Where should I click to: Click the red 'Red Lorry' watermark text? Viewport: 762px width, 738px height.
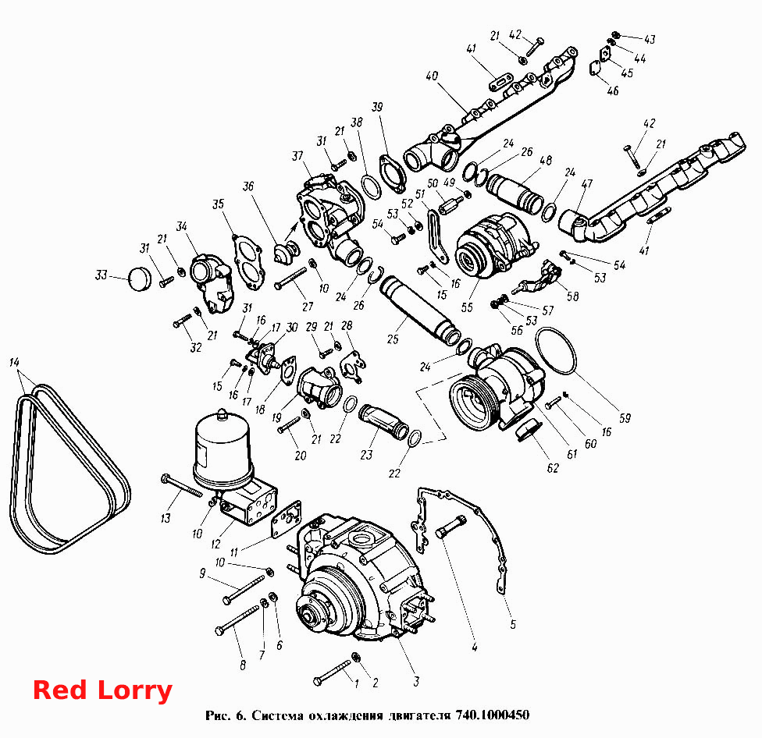tap(102, 690)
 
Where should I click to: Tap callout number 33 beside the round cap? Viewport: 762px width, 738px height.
tap(101, 275)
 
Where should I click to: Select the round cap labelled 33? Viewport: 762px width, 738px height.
tap(140, 279)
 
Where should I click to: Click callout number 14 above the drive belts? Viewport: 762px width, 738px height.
tap(14, 362)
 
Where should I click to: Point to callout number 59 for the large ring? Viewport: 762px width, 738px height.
tap(625, 418)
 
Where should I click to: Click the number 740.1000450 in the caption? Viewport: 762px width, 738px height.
tap(493, 715)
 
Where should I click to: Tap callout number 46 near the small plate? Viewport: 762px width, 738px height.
tap(613, 90)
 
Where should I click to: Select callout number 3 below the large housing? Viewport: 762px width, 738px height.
tap(416, 681)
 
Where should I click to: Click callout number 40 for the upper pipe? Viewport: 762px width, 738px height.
tap(432, 76)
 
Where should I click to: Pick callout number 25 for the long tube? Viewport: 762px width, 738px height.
tap(393, 339)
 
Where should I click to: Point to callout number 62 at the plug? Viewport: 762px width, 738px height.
tap(553, 467)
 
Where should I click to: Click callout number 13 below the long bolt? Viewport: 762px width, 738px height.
tap(166, 518)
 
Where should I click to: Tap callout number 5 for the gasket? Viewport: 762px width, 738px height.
tap(513, 624)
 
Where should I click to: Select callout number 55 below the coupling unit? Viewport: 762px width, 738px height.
tap(467, 307)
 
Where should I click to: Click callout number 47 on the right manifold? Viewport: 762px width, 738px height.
tap(587, 183)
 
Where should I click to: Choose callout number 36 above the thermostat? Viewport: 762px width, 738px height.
tap(248, 186)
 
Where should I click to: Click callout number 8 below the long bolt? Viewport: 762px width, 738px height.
tap(243, 665)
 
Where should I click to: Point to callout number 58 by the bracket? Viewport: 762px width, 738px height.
tap(573, 296)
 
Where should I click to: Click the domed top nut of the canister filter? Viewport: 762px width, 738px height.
tap(223, 414)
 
